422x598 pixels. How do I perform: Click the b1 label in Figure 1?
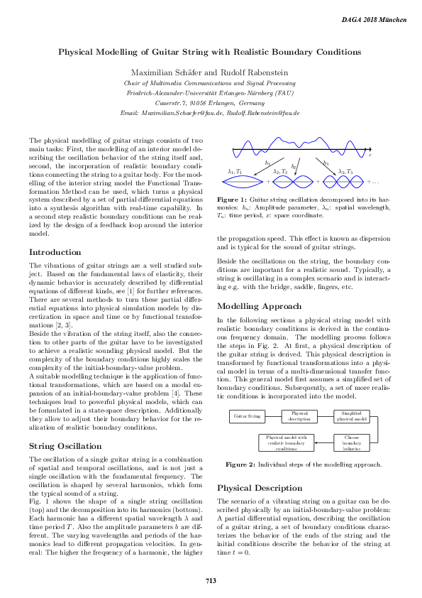click(x=267, y=163)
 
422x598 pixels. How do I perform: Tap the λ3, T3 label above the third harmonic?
click(x=345, y=172)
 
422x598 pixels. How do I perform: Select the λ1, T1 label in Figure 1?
click(x=234, y=172)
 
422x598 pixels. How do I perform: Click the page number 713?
click(x=211, y=580)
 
